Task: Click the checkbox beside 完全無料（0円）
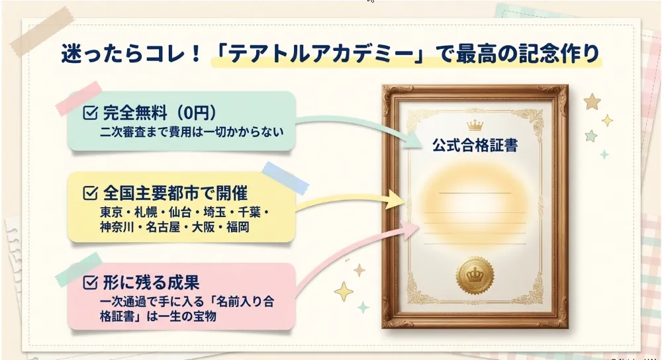[x=90, y=112]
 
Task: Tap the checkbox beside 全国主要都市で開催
[x=90, y=193]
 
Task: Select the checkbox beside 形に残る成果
[x=90, y=283]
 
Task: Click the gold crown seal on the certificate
[x=475, y=276]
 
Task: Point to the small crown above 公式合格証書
[x=475, y=125]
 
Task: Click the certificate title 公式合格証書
[x=475, y=145]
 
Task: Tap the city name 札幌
[x=146, y=212]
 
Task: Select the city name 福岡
[x=238, y=227]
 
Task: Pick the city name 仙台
[x=180, y=212]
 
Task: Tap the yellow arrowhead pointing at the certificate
[x=395, y=200]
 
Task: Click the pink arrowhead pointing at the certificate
[x=408, y=229]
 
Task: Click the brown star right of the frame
[x=592, y=101]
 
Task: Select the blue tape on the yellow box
[x=285, y=178]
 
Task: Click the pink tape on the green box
[x=79, y=98]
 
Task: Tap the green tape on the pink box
[x=79, y=269]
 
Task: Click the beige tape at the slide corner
[x=42, y=31]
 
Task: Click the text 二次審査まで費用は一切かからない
[x=192, y=132]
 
